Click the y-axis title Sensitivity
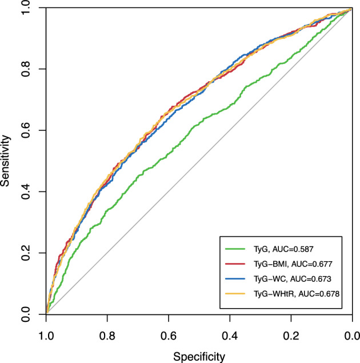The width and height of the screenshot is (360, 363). pyautogui.click(x=7, y=161)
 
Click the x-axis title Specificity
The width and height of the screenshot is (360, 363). pyautogui.click(x=199, y=357)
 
